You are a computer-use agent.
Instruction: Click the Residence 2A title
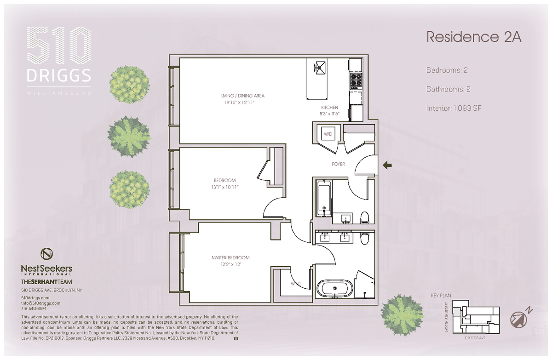(474, 37)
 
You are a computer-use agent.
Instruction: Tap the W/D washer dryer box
(328, 134)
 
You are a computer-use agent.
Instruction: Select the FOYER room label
(338, 164)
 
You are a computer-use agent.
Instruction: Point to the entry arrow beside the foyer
(387, 165)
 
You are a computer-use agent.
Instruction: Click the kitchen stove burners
(356, 81)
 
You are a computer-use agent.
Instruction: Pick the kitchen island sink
(320, 67)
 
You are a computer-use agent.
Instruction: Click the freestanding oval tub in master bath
(335, 288)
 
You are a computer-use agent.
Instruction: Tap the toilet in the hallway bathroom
(365, 217)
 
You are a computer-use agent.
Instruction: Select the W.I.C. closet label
(296, 284)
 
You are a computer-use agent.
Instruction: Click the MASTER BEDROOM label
(230, 257)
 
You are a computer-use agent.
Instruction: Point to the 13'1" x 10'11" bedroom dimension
(225, 187)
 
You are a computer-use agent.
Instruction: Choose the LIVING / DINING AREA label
(243, 96)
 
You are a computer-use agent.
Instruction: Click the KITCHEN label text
(329, 108)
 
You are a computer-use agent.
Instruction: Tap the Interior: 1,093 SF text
(454, 108)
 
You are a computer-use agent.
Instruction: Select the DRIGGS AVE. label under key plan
(476, 338)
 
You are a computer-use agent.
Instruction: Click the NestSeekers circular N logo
(46, 254)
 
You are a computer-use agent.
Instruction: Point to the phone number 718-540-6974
(34, 309)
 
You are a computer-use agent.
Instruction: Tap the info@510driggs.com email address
(40, 303)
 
